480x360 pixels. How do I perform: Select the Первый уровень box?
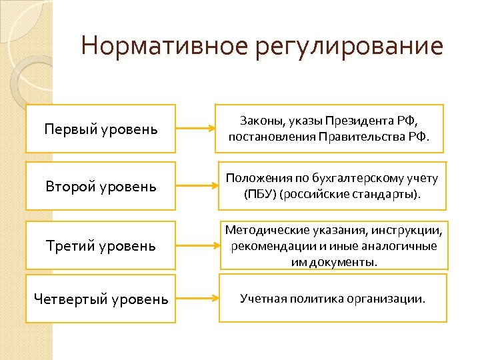[x=101, y=129]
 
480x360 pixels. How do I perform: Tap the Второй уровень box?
[x=101, y=187]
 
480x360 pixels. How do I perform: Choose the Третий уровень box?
[x=101, y=245]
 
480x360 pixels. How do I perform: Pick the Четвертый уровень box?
[x=101, y=299]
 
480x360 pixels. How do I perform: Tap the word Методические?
[x=262, y=231]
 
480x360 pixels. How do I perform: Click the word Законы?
[x=259, y=121]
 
